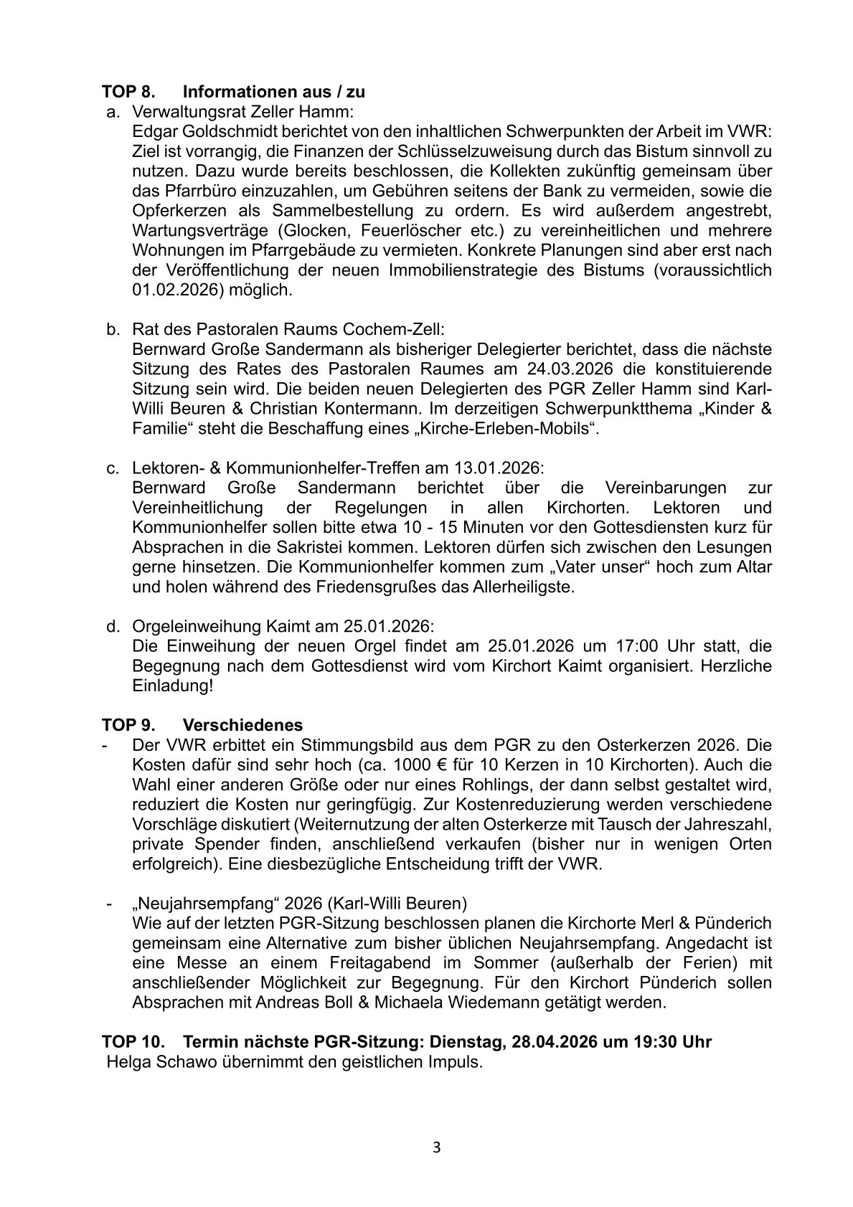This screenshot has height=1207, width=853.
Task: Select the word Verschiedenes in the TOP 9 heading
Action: (x=242, y=725)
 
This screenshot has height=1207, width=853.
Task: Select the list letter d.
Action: (x=113, y=626)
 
